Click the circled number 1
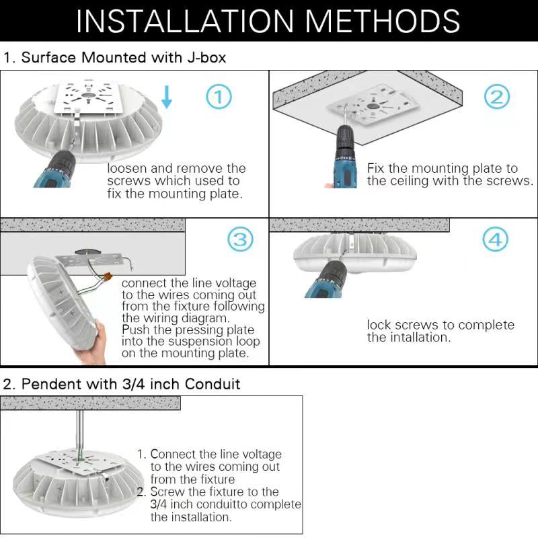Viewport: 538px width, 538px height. [219, 98]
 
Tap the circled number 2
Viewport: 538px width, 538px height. [496, 98]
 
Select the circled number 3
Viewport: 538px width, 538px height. [240, 239]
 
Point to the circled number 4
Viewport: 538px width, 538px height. [496, 239]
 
